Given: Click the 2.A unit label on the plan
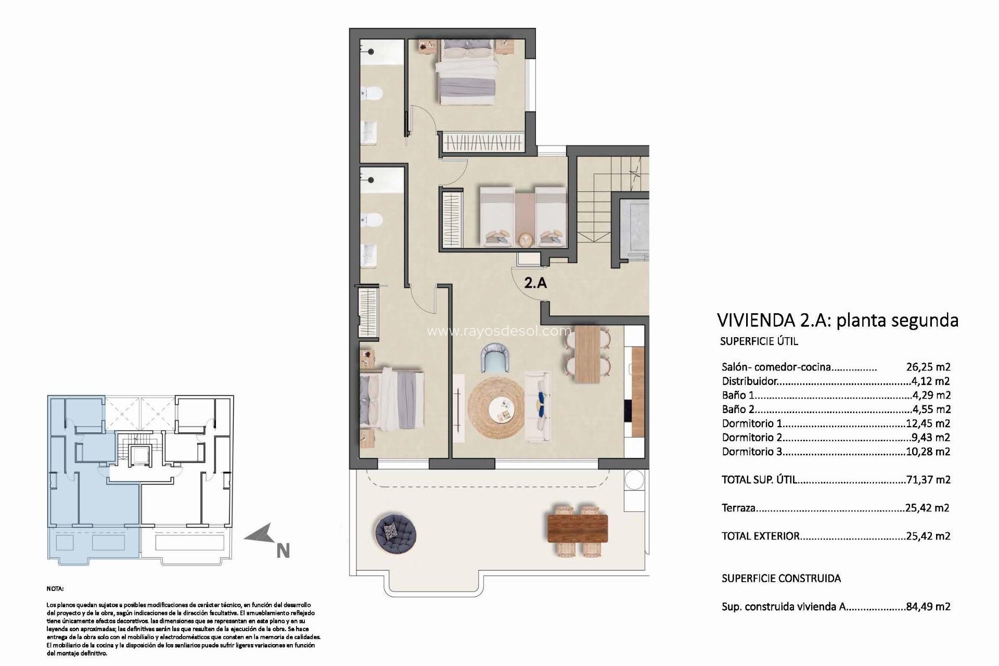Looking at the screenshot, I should [535, 284].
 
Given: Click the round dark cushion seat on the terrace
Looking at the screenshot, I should [394, 532].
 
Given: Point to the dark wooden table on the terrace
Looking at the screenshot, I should [578, 528].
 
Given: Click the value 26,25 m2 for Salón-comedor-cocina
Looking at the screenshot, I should [928, 367].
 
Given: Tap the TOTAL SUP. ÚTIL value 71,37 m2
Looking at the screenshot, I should [928, 480].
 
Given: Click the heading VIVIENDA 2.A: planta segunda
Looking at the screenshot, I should [837, 320].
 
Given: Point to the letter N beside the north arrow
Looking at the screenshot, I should [283, 550].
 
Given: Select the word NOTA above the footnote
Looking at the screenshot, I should [55, 589].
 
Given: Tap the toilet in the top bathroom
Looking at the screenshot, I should [373, 94].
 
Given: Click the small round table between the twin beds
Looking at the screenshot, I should [526, 239].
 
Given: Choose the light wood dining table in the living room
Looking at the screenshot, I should [587, 354].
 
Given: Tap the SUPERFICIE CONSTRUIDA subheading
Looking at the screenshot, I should [781, 578].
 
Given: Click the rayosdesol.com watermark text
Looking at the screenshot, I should [498, 331].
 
